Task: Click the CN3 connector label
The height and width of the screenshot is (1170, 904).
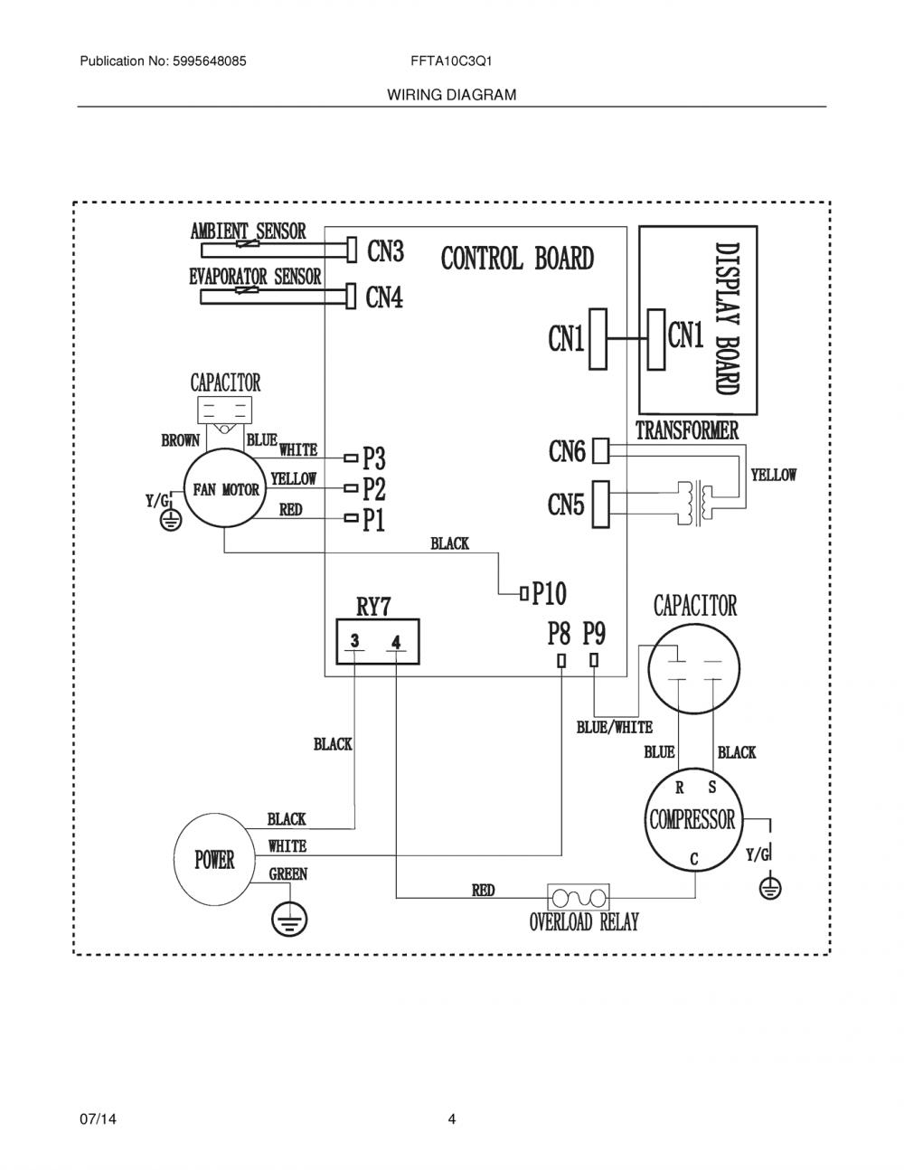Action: click(385, 250)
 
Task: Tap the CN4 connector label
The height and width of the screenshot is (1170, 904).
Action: click(384, 297)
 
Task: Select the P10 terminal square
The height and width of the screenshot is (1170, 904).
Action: click(524, 594)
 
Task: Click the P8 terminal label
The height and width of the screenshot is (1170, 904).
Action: click(559, 634)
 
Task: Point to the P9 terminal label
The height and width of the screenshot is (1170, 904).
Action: click(594, 634)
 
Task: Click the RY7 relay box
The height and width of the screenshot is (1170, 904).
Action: click(378, 641)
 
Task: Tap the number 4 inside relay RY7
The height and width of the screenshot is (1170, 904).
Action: click(396, 642)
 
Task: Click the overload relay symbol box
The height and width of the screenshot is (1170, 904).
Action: click(579, 898)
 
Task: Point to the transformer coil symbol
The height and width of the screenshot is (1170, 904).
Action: click(694, 503)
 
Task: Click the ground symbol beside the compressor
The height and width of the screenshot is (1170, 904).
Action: click(770, 888)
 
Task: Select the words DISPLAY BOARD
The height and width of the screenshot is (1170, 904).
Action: click(727, 319)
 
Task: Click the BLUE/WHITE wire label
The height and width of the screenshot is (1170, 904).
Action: click(615, 728)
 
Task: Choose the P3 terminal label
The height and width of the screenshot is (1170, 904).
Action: click(374, 458)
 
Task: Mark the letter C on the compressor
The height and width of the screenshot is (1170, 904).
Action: click(694, 859)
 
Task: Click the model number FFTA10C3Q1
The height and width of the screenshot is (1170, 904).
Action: click(451, 61)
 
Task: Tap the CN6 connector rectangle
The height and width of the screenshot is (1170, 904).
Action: click(600, 450)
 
